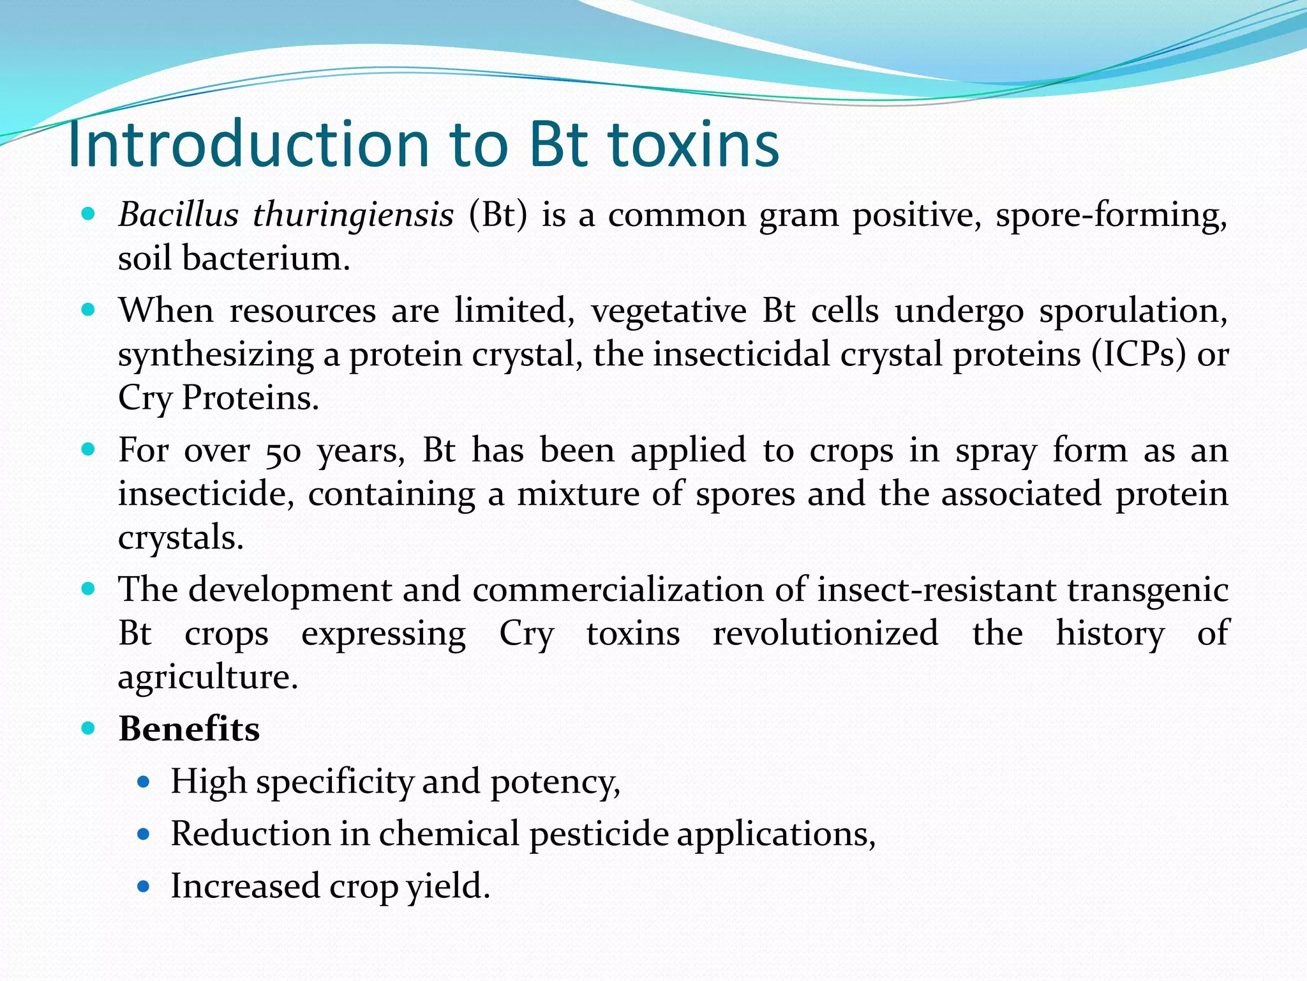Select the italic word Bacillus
pyautogui.click(x=178, y=215)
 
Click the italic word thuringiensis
pyautogui.click(x=353, y=215)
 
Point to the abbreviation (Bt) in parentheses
pyautogui.click(x=498, y=215)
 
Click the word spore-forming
pyautogui.click(x=1111, y=215)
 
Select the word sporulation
pyautogui.click(x=1133, y=312)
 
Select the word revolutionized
pyautogui.click(x=825, y=634)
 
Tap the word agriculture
pyautogui.click(x=208, y=677)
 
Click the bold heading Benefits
pyautogui.click(x=189, y=729)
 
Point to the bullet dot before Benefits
pyautogui.click(x=89, y=728)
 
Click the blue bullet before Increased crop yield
pyautogui.click(x=144, y=886)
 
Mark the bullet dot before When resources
pyautogui.click(x=89, y=311)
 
